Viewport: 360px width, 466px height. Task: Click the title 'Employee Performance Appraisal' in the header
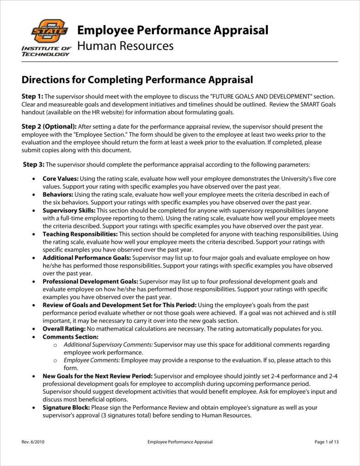(173, 30)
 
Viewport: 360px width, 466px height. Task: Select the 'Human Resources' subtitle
(125, 46)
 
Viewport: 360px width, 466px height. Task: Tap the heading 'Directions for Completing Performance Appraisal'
(137, 80)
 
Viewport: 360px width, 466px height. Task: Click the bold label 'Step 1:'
(32, 96)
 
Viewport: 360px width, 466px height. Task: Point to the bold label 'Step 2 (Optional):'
(49, 126)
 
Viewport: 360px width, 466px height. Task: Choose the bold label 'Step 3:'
(34, 164)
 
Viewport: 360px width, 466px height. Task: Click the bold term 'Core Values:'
(60, 178)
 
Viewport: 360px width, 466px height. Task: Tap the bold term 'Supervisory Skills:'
(69, 210)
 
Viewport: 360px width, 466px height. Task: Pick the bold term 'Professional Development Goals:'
(90, 282)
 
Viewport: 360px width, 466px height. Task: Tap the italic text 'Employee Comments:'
(92, 360)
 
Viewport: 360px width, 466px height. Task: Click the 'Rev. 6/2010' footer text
(33, 442)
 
